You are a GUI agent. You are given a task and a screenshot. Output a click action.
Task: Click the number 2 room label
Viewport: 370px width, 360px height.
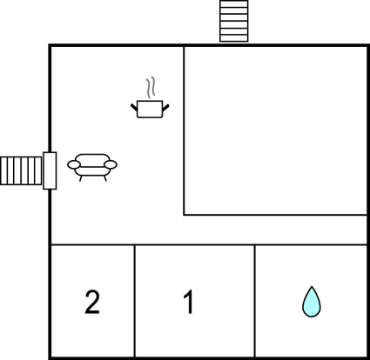click(92, 302)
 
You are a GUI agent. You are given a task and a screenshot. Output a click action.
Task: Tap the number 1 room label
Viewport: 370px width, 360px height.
click(189, 302)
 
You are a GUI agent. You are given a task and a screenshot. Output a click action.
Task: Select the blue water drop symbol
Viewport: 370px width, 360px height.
click(312, 302)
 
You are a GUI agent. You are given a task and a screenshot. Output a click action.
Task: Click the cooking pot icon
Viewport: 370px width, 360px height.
click(150, 109)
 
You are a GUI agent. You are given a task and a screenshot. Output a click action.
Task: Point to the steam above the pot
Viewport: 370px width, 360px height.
click(151, 87)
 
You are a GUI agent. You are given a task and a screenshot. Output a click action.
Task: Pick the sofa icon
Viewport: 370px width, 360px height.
click(92, 167)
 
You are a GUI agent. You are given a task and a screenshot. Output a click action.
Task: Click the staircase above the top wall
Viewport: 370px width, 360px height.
click(234, 21)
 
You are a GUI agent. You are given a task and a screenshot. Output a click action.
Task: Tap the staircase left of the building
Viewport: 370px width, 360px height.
click(21, 170)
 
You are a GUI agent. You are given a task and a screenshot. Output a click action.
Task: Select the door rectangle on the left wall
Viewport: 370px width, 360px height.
click(50, 170)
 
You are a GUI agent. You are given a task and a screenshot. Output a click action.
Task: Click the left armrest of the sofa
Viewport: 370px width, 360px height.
click(74, 164)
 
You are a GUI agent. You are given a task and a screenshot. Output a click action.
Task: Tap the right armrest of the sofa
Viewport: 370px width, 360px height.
click(111, 164)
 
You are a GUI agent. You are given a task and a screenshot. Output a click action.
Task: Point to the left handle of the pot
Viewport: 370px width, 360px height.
click(134, 107)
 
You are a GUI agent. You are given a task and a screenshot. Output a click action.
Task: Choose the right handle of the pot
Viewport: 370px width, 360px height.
click(165, 108)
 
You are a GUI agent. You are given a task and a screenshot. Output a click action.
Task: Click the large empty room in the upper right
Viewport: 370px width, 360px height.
click(275, 130)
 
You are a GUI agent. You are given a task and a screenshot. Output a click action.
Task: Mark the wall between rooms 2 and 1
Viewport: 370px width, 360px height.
click(135, 301)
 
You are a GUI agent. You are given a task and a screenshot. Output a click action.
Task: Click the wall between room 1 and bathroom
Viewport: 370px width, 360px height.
click(255, 301)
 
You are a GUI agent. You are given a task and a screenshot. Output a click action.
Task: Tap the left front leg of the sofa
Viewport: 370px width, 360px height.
click(81, 178)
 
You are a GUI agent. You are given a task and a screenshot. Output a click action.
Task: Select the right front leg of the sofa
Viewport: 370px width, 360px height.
click(105, 178)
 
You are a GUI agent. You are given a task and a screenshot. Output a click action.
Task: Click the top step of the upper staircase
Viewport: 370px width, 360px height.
click(234, 3)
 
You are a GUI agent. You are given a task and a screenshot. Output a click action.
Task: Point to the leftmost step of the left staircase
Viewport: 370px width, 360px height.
click(3, 170)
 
